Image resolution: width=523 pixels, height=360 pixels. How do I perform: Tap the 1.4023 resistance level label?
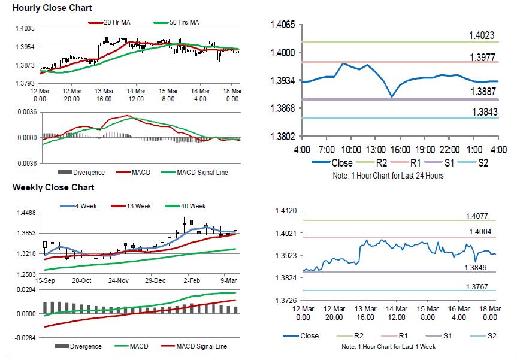[x=482, y=36]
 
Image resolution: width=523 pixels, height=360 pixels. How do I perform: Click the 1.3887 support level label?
[x=482, y=93]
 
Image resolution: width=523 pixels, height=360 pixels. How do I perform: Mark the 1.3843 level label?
[x=485, y=112]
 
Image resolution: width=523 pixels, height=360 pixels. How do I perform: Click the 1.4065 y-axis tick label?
[x=283, y=25]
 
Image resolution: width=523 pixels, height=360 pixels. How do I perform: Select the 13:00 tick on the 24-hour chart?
[x=376, y=149]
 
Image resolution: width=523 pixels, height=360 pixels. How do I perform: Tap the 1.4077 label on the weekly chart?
[x=479, y=216]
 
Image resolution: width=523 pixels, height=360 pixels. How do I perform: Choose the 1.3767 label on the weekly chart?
[x=479, y=286]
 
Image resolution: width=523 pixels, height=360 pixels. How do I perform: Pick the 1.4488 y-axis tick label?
[x=25, y=213]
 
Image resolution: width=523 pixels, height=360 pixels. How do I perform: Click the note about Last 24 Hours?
[x=388, y=176]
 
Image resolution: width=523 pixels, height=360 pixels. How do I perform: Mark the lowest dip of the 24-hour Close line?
[x=392, y=96]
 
